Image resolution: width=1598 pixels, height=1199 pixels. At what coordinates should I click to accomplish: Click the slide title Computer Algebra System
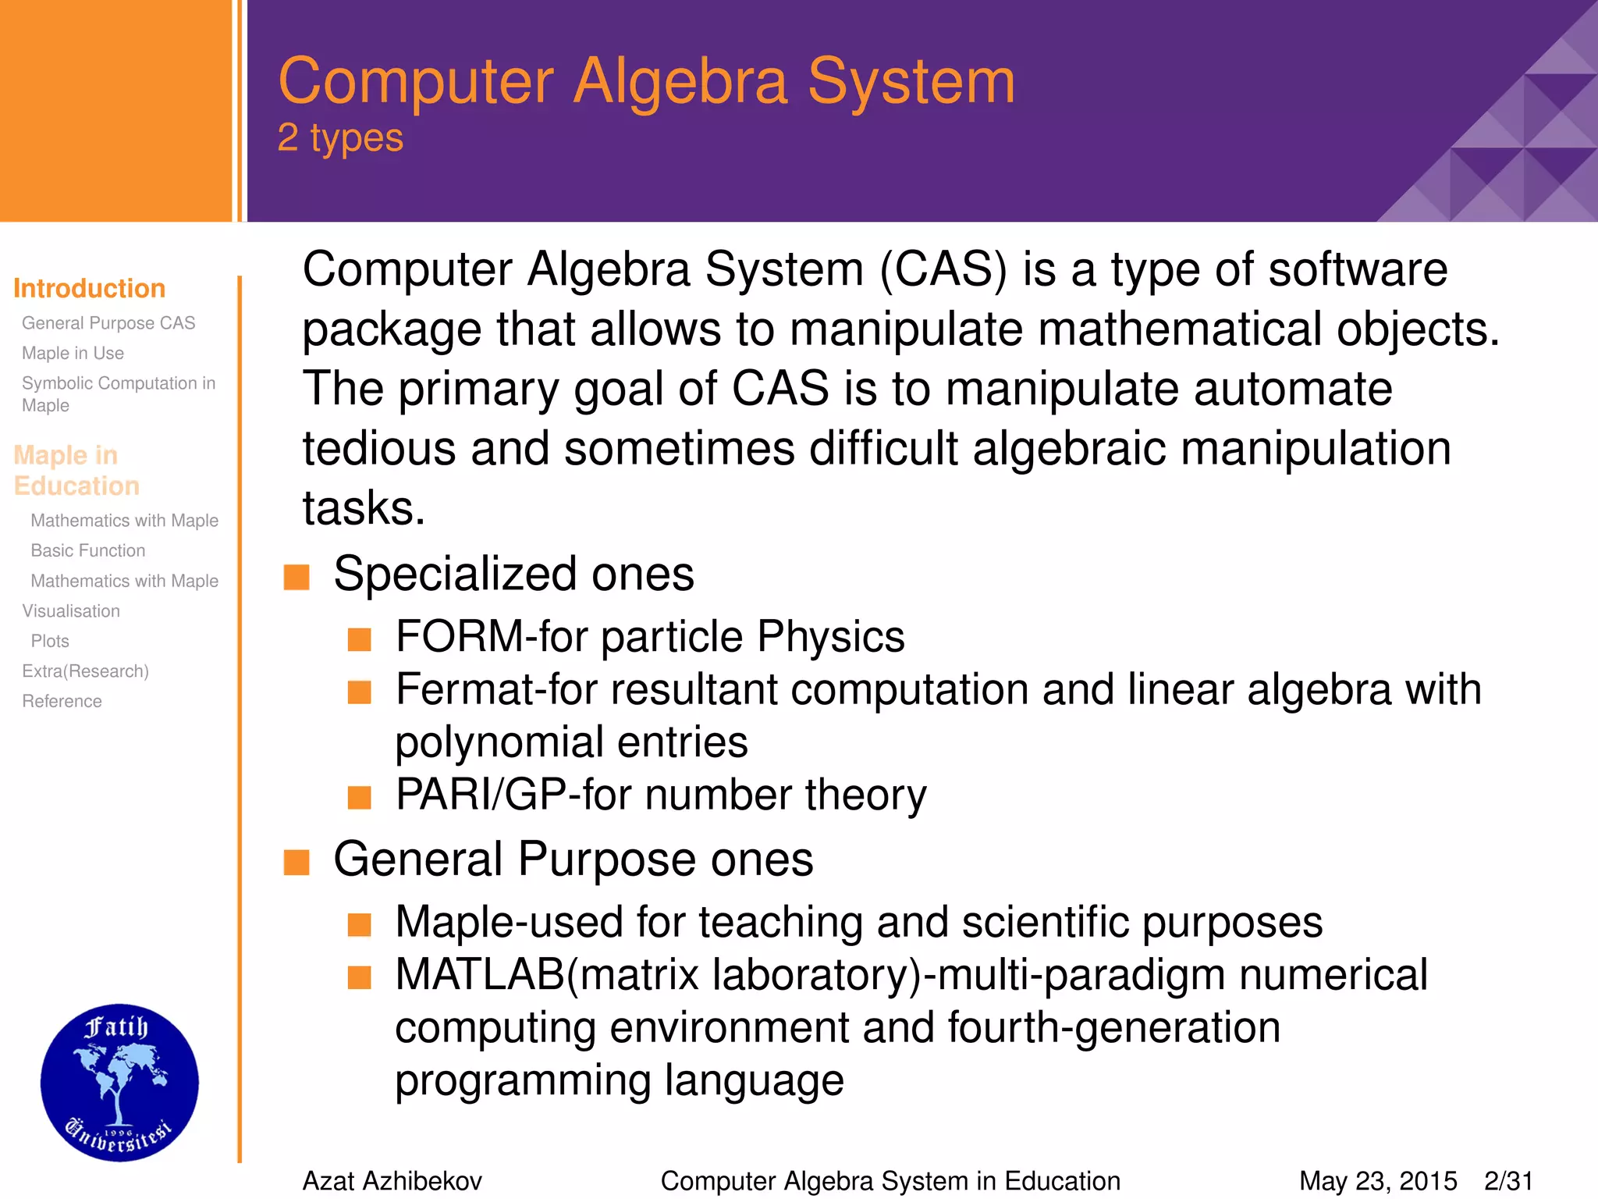(646, 81)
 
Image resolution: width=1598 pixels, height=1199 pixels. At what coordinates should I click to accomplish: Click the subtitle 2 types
(340, 138)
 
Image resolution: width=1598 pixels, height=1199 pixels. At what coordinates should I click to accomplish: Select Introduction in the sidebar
(89, 289)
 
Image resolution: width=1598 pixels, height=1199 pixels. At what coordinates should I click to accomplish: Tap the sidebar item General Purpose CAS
(108, 323)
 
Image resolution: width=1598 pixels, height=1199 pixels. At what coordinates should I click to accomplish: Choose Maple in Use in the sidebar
(73, 354)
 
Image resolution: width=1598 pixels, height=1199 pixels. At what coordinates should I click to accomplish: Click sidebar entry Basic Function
(87, 551)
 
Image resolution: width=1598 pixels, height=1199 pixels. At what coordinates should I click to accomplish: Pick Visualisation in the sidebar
(71, 611)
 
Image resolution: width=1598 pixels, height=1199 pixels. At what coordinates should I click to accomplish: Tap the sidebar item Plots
(50, 642)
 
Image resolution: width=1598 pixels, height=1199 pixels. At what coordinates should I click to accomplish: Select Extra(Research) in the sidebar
(85, 671)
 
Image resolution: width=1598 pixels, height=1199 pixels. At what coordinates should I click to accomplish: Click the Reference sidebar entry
(62, 702)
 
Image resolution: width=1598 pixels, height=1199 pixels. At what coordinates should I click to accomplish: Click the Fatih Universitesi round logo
(119, 1083)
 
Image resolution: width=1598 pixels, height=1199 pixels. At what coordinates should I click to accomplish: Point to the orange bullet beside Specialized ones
(297, 577)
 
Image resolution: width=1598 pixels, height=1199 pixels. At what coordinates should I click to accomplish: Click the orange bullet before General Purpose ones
(297, 863)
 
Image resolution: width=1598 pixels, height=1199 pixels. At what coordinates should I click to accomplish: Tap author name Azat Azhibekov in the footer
(392, 1181)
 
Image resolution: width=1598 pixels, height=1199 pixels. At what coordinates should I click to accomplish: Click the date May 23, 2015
(1377, 1181)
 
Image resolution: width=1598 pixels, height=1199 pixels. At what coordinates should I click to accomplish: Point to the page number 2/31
(1508, 1181)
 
